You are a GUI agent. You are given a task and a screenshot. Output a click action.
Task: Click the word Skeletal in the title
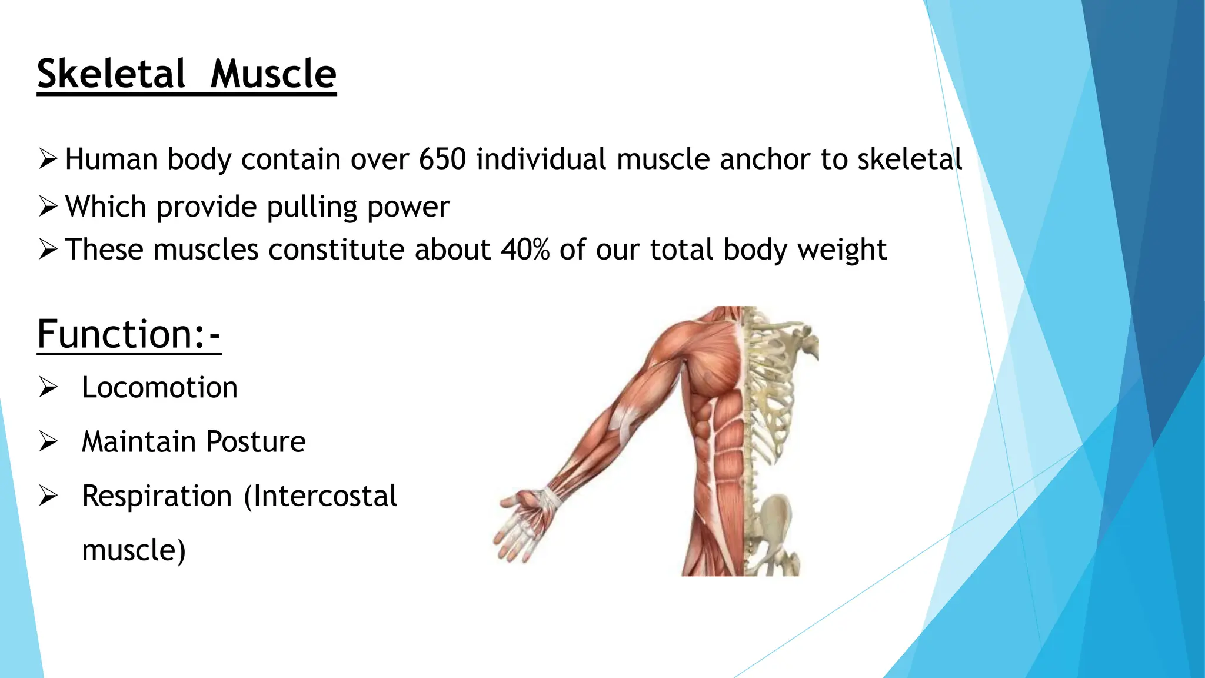pos(111,74)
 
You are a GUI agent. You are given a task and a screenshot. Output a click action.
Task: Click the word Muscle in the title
pos(273,74)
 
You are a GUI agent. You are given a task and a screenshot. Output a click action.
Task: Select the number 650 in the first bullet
pos(442,159)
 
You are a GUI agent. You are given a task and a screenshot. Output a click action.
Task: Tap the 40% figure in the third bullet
pos(525,250)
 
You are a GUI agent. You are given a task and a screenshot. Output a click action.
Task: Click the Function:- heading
pos(128,334)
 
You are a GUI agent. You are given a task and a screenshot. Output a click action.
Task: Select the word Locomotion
pos(159,388)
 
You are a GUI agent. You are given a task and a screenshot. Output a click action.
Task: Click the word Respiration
pos(157,496)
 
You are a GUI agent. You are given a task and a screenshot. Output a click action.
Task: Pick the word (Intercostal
pos(321,496)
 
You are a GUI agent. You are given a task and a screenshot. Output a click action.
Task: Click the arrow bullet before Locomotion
pos(48,387)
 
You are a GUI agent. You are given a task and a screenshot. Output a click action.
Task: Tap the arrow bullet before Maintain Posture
pos(48,441)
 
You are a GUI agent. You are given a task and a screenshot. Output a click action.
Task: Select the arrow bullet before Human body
pos(48,159)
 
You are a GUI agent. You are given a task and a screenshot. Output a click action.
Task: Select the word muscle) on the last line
pos(134,550)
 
